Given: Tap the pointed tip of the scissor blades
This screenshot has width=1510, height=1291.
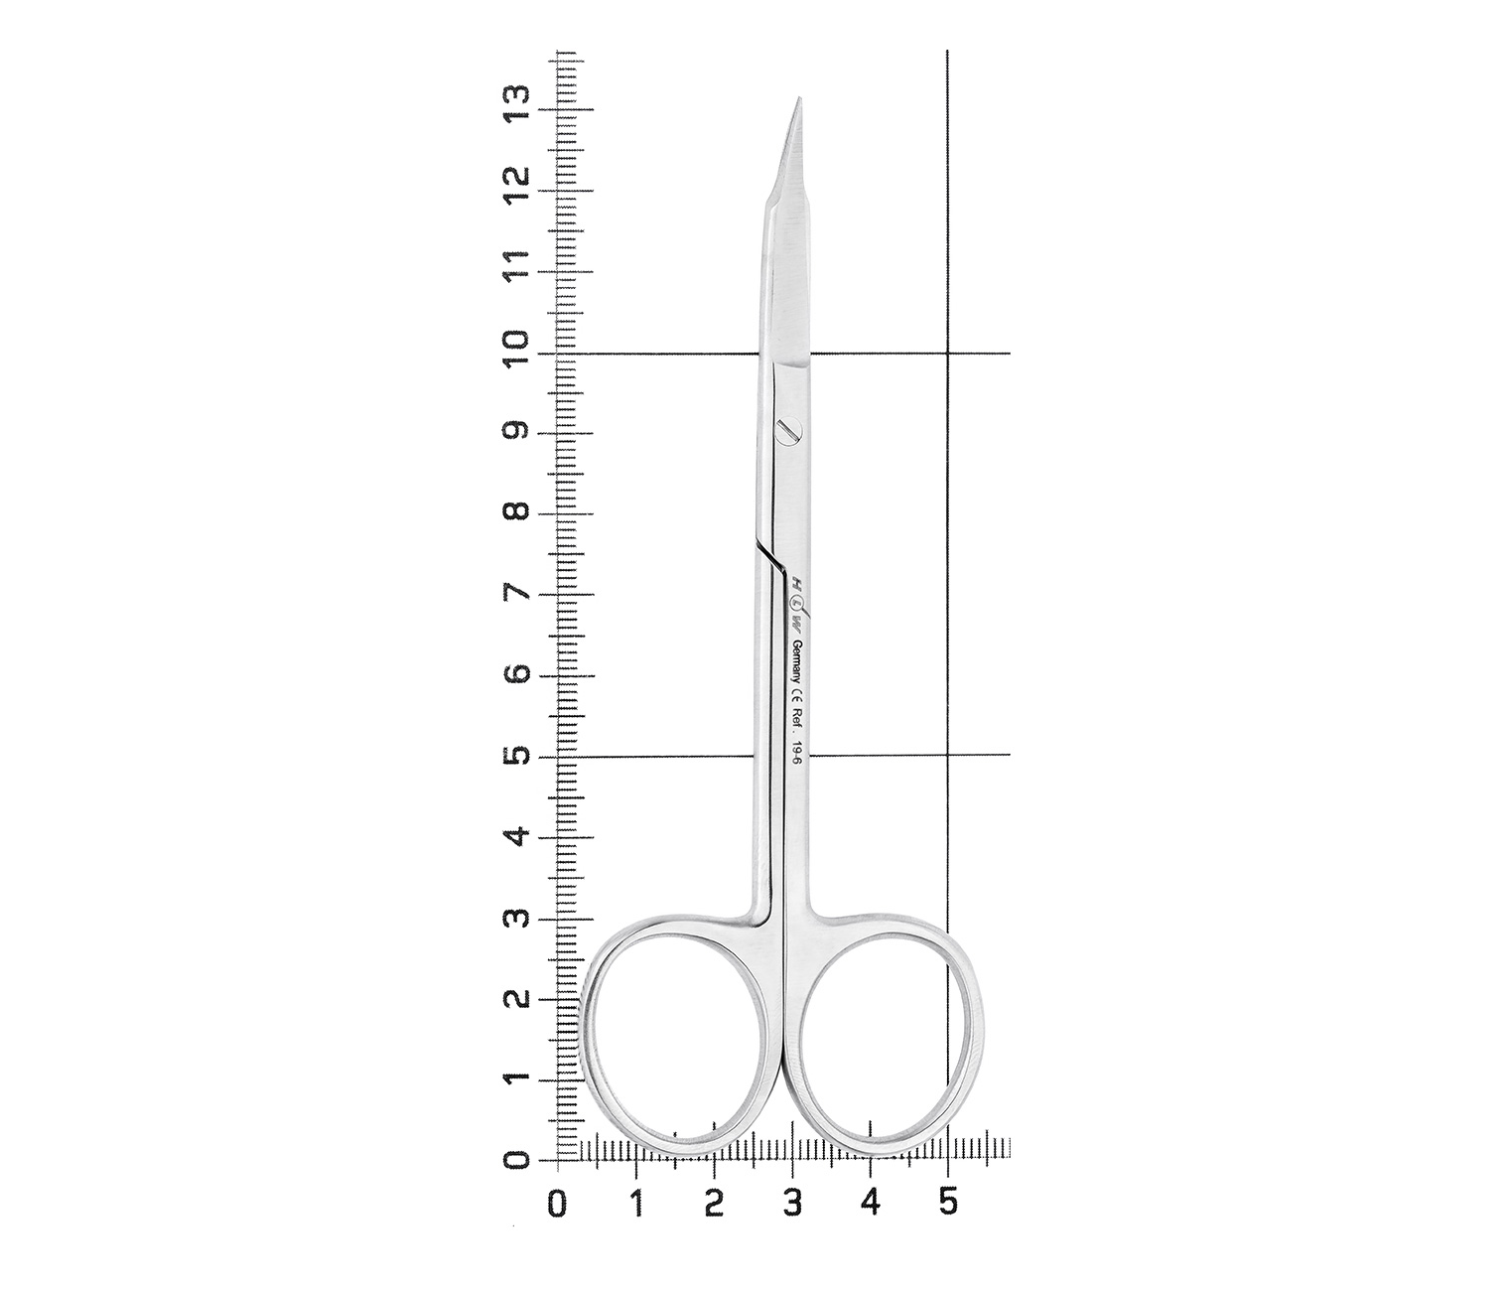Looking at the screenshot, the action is (800, 98).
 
